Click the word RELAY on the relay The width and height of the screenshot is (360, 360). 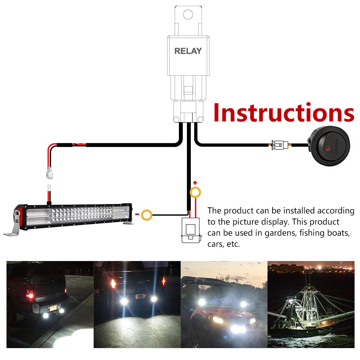tap(188, 51)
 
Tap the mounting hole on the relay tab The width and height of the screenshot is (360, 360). tap(188, 14)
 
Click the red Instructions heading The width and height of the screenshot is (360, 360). tap(283, 113)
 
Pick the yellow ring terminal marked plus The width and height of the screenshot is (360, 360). tap(195, 192)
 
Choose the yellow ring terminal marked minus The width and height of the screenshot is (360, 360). tap(147, 215)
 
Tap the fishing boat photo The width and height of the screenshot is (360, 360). tap(311, 304)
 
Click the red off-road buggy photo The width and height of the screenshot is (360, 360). tap(224, 304)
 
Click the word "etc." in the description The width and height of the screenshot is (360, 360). tap(233, 244)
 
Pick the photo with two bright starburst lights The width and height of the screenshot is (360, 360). tap(137, 304)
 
